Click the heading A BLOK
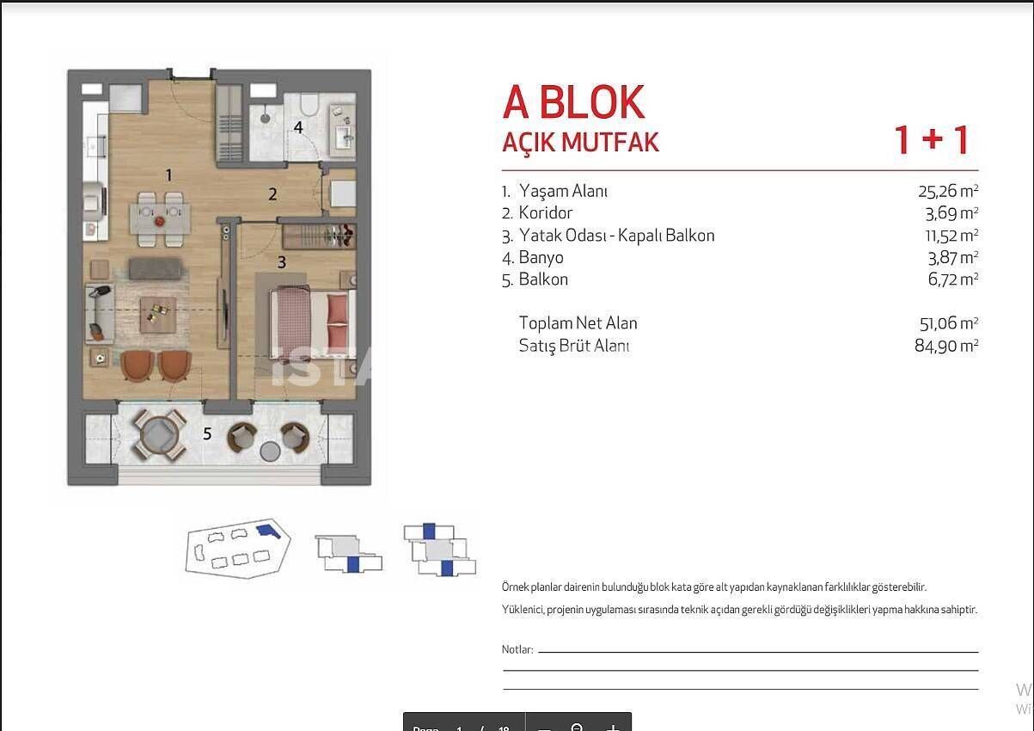573,102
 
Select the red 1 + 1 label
932,140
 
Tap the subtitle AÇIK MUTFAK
580,142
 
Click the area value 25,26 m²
948,191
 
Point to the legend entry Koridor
545,213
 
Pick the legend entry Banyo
541,257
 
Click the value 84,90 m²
948,346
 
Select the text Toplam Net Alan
578,323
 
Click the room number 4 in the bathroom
298,128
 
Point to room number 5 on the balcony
207,434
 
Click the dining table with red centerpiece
160,218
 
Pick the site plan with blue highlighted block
238,547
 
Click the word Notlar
517,650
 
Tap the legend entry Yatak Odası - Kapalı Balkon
616,236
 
